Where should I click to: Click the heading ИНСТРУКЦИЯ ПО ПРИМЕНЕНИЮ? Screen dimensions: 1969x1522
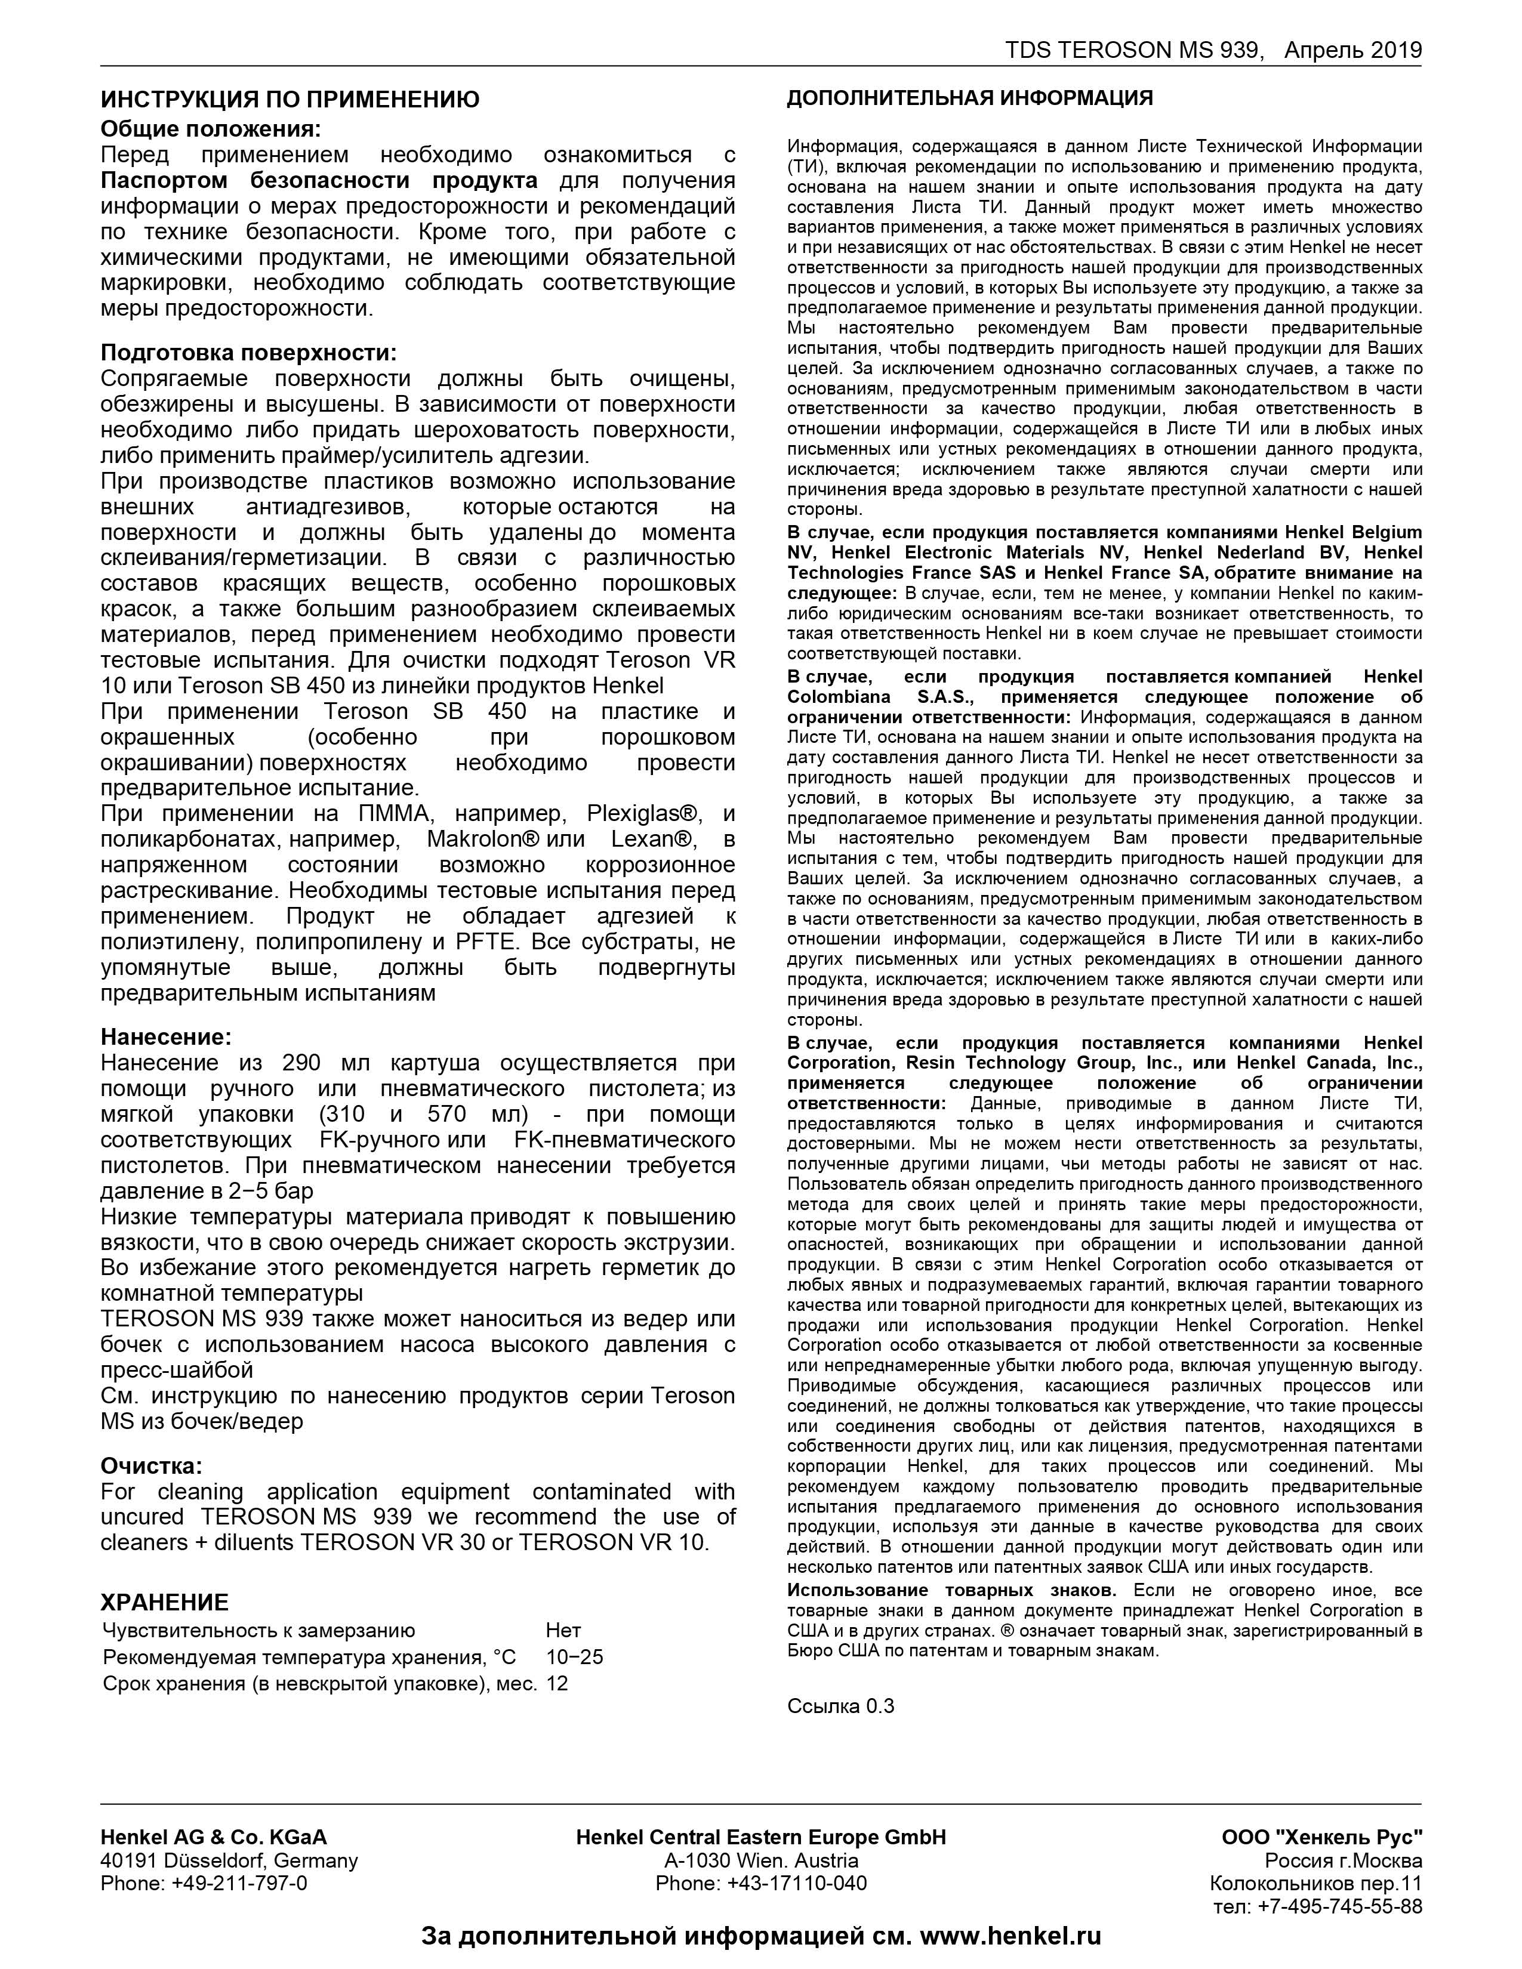point(289,99)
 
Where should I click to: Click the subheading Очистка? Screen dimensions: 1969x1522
point(152,1465)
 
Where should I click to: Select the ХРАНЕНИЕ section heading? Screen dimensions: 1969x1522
point(164,1602)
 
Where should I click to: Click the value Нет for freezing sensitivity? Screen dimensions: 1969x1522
point(563,1630)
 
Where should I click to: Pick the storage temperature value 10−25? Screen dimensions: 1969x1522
point(574,1657)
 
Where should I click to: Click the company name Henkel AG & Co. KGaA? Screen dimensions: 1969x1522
point(214,1837)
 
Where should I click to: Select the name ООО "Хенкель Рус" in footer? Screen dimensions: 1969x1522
point(1322,1837)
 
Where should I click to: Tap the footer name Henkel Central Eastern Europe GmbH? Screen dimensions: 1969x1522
point(761,1837)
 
